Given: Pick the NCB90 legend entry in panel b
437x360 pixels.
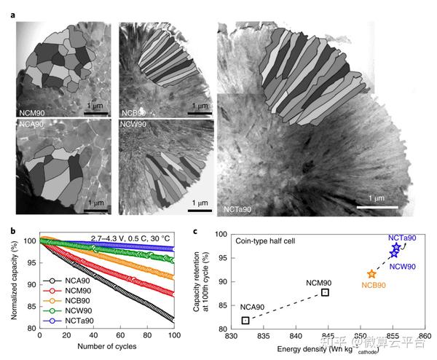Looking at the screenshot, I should [67, 300].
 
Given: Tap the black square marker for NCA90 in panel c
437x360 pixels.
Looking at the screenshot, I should [245, 320].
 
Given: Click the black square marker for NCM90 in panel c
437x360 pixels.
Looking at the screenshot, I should [325, 292].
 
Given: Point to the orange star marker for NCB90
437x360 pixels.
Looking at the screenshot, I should [371, 274].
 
